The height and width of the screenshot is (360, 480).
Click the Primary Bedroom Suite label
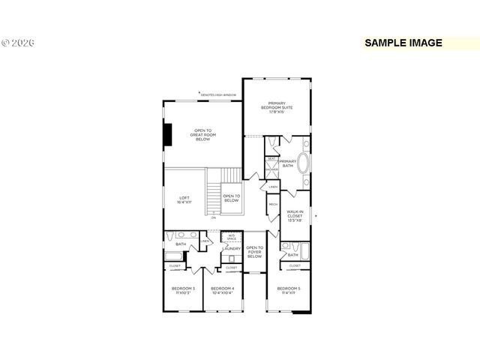click(277, 106)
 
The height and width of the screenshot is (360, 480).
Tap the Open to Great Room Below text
click(203, 134)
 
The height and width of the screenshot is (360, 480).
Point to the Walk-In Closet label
click(294, 216)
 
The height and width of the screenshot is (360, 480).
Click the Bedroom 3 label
click(182, 290)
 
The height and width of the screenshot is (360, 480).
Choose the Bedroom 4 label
click(222, 290)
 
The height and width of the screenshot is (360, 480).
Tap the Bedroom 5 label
click(288, 290)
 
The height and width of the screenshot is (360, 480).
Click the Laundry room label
click(231, 248)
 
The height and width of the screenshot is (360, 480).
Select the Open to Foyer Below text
click(255, 251)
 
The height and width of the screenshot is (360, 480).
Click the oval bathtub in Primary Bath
click(304, 164)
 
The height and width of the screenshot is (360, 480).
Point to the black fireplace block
click(169, 135)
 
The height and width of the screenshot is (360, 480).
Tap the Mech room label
click(273, 204)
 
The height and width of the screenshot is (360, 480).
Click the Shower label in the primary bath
click(271, 169)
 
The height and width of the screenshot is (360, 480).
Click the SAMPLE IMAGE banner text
click(403, 43)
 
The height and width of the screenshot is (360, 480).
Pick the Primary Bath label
click(287, 163)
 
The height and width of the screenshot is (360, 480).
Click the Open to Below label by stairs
click(231, 199)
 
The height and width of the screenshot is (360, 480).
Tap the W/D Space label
click(231, 237)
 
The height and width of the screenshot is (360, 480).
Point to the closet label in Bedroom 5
click(295, 265)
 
